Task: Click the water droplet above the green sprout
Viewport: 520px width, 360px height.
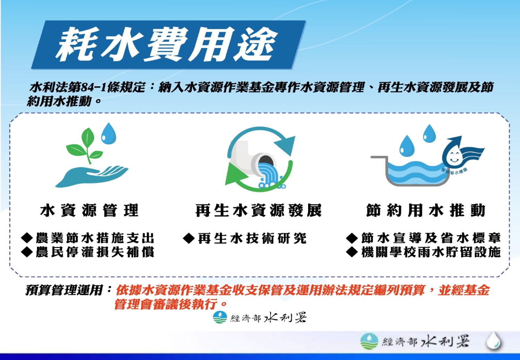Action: pyautogui.click(x=109, y=134)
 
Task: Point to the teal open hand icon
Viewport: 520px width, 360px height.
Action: pyautogui.click(x=92, y=177)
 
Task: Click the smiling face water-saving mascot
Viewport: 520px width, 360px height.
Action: pyautogui.click(x=461, y=154)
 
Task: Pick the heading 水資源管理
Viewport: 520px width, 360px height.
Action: pyautogui.click(x=89, y=211)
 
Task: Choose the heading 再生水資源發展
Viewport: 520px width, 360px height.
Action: pyautogui.click(x=258, y=211)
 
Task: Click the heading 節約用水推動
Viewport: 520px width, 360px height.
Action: pyautogui.click(x=426, y=211)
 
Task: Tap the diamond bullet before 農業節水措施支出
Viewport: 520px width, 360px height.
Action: pyautogui.click(x=27, y=238)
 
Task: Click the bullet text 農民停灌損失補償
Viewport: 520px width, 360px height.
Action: pyautogui.click(x=95, y=252)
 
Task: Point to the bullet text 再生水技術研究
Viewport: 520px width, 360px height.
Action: pyautogui.click(x=252, y=238)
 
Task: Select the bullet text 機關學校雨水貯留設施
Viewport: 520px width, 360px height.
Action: pyautogui.click(x=431, y=252)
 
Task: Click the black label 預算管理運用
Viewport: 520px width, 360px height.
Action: pyautogui.click(x=64, y=290)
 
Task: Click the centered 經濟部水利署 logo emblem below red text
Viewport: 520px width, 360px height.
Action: pyautogui.click(x=220, y=317)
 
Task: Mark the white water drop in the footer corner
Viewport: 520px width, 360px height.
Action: pyautogui.click(x=494, y=341)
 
